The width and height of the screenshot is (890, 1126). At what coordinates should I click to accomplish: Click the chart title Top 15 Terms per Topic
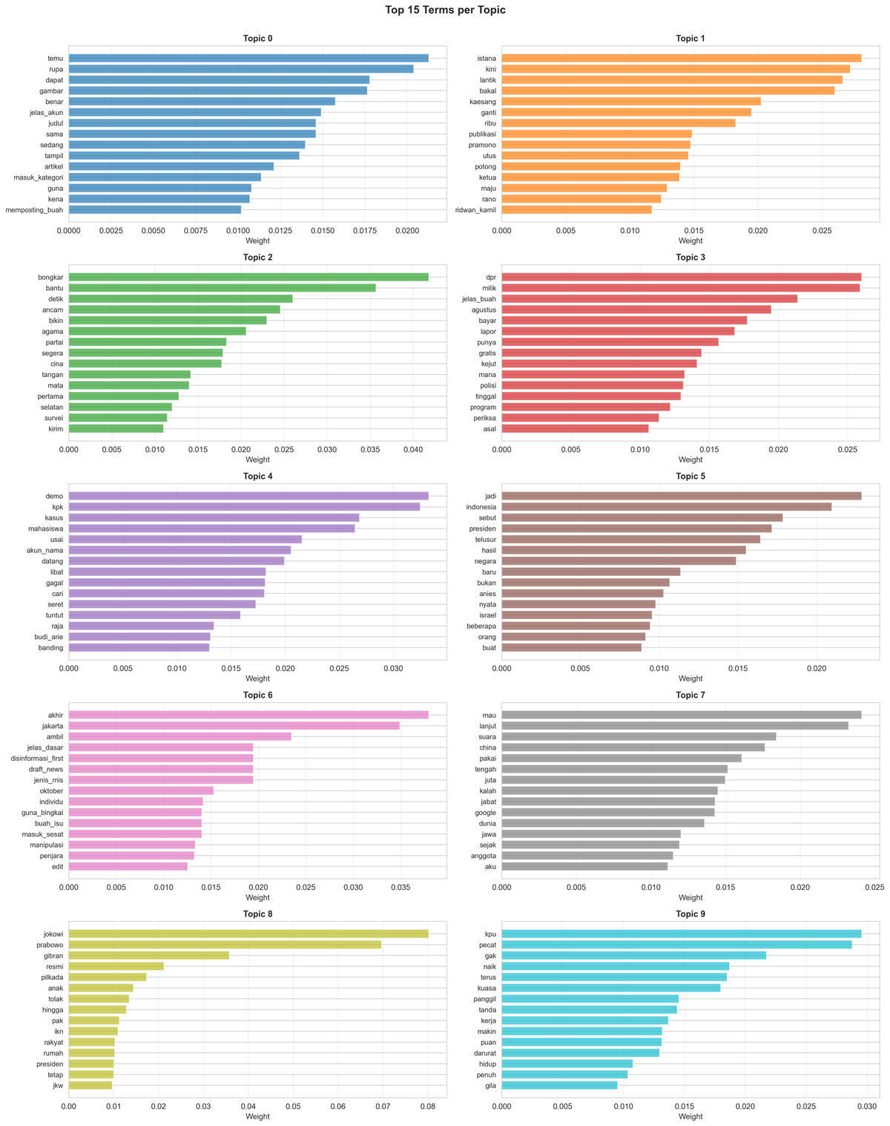click(445, 10)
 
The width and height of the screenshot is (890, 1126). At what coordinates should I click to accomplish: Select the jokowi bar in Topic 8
click(248, 933)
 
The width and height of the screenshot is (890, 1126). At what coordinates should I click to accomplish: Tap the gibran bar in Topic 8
click(149, 955)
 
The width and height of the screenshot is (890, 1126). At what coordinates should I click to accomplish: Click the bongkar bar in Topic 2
click(248, 277)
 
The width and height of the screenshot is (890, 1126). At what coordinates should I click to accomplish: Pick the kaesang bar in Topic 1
click(631, 101)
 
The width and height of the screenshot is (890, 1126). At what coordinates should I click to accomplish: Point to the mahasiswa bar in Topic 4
click(211, 528)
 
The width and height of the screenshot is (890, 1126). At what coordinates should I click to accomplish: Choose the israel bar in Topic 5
click(577, 615)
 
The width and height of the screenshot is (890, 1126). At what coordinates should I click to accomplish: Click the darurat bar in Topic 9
click(581, 1053)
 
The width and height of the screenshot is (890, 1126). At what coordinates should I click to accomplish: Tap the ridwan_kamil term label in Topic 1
click(475, 210)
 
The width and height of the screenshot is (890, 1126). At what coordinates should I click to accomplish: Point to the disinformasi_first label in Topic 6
click(37, 759)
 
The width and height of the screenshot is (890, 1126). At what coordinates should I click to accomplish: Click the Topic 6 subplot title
click(257, 695)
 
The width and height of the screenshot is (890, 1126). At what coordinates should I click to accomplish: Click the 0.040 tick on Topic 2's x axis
click(412, 449)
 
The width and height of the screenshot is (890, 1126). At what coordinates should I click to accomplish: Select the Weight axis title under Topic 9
click(690, 1116)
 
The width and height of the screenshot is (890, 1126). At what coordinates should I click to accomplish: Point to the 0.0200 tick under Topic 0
click(406, 230)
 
